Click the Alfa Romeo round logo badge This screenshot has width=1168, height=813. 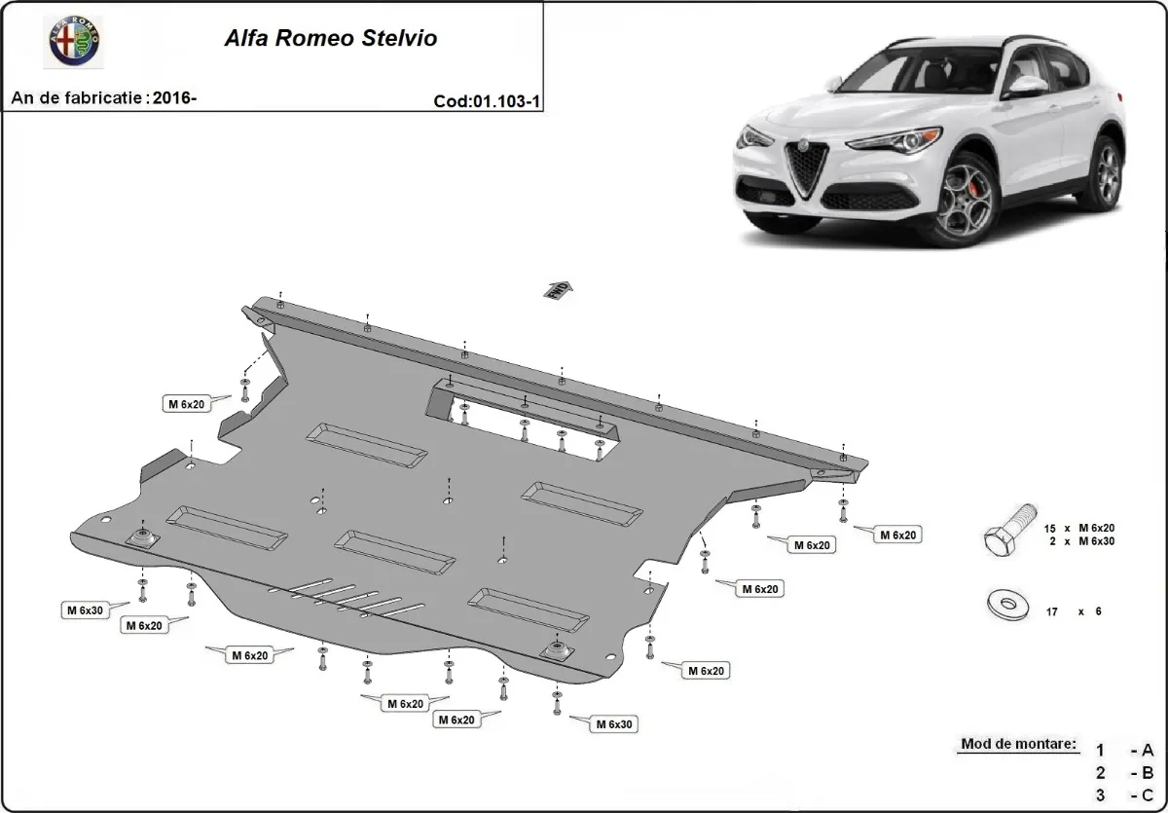[76, 42]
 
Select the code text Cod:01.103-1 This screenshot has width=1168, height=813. [487, 101]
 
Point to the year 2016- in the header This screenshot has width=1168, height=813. [175, 97]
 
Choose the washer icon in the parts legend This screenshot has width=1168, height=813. [1008, 606]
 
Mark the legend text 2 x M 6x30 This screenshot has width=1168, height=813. [1079, 540]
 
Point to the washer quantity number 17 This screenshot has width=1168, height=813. [1051, 611]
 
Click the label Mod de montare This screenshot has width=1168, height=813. [1018, 744]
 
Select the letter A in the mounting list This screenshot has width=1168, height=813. [1148, 750]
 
